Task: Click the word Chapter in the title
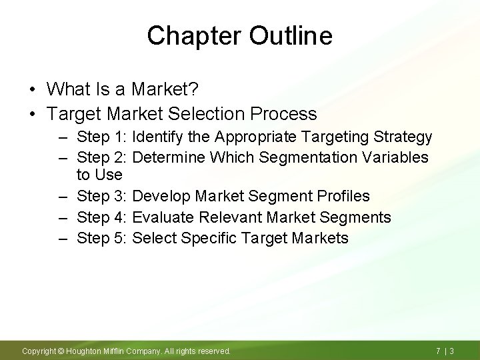(x=194, y=36)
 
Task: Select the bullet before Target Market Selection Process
(x=32, y=113)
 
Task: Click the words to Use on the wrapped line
(x=100, y=175)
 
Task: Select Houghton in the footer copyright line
(x=83, y=351)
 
